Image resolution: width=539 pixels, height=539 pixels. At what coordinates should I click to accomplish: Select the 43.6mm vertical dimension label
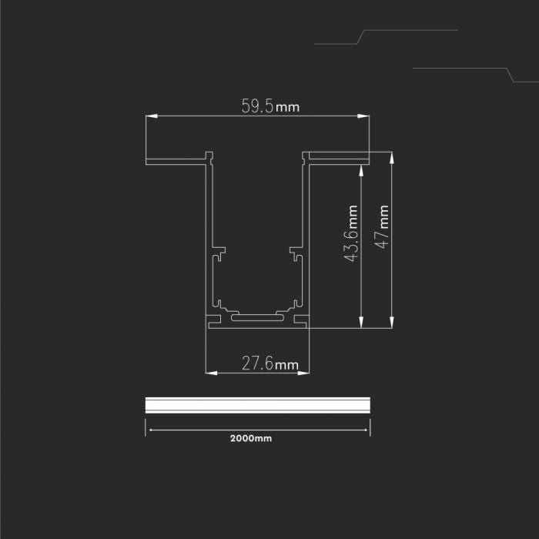coord(351,234)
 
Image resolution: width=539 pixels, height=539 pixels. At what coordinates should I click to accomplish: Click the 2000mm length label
coord(251,439)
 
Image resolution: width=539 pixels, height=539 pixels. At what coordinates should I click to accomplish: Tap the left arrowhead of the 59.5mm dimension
coord(150,117)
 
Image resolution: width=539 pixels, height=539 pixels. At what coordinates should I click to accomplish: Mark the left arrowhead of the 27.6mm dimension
coord(210,373)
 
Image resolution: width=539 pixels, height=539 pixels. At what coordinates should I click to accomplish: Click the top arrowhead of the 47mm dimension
coord(392,156)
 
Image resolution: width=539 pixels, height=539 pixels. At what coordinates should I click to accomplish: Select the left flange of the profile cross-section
coord(177,162)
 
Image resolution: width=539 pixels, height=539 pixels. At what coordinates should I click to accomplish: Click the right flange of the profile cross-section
coord(336,159)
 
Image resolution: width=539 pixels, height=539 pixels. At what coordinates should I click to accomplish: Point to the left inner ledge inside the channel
coord(219,252)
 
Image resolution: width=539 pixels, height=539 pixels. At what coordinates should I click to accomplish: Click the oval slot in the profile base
coord(257,317)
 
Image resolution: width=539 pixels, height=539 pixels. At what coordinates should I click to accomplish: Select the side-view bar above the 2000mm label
coord(258,406)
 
